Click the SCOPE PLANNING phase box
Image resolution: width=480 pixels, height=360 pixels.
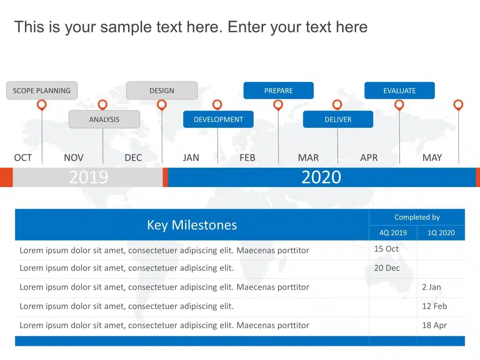pyautogui.click(x=42, y=90)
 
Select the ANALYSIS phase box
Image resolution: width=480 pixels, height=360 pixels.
pyautogui.click(x=105, y=119)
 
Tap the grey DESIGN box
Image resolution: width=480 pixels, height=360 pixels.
pyautogui.click(x=162, y=90)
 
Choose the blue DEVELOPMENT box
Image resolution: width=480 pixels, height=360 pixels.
pyautogui.click(x=218, y=119)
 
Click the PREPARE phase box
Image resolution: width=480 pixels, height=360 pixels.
pyautogui.click(x=278, y=90)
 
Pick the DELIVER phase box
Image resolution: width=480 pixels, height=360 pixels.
pyautogui.click(x=338, y=119)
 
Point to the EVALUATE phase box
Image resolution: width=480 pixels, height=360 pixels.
pyautogui.click(x=399, y=90)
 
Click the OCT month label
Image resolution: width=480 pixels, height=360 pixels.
pyautogui.click(x=23, y=157)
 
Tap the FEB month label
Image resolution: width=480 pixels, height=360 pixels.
pyautogui.click(x=247, y=157)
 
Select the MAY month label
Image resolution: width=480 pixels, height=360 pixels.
pyautogui.click(x=432, y=157)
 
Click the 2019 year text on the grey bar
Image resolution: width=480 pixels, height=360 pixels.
pyautogui.click(x=89, y=177)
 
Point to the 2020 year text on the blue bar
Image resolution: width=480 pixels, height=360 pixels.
pyautogui.click(x=321, y=177)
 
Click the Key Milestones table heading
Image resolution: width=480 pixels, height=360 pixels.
pyautogui.click(x=192, y=225)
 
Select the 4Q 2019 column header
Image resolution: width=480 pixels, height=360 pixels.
pyautogui.click(x=393, y=232)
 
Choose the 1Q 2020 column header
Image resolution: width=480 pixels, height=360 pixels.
pyautogui.click(x=441, y=232)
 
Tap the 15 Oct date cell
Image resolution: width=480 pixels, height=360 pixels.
pyautogui.click(x=386, y=249)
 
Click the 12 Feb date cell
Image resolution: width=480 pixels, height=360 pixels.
pyautogui.click(x=435, y=306)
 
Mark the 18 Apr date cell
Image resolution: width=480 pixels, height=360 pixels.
pyautogui.click(x=435, y=325)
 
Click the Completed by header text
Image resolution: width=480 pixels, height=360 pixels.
pyautogui.click(x=417, y=217)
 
